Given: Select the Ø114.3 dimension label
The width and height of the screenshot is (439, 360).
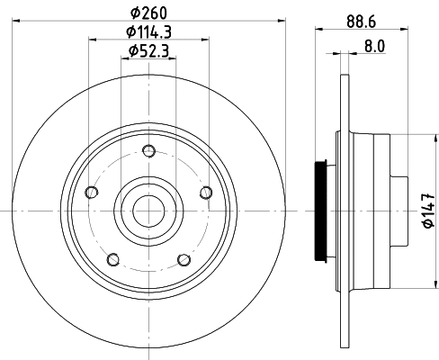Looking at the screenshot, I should coord(149,33).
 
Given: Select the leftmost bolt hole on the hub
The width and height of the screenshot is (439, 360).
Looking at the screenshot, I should coord(90,192).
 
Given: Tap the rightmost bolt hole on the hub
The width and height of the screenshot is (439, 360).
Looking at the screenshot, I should coord(206,191).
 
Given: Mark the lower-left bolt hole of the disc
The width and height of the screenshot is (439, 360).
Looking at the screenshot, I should coord(112,260).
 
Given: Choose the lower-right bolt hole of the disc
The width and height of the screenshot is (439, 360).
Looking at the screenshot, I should coord(184,260).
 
